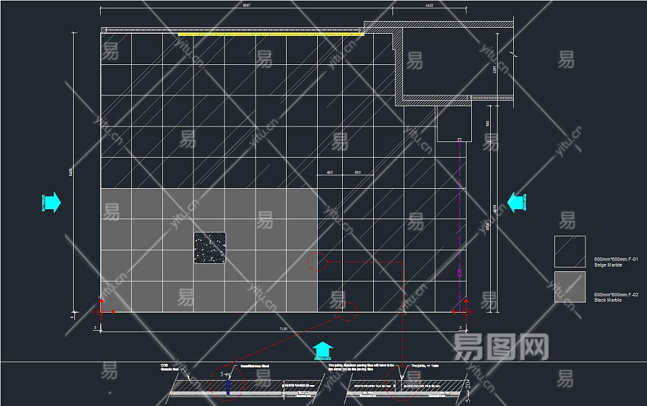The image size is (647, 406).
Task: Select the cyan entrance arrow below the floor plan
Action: tap(323, 349)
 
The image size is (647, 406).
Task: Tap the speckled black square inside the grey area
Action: tap(210, 248)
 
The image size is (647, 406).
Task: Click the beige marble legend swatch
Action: tap(570, 252)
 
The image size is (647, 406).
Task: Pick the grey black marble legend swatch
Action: tap(570, 287)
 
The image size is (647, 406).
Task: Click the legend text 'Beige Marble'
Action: tap(608, 265)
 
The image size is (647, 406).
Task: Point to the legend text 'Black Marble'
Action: tap(608, 300)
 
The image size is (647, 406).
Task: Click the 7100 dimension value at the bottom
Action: tap(283, 329)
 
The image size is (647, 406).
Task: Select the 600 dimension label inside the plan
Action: tap(358, 173)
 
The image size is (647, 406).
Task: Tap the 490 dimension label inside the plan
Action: tap(329, 173)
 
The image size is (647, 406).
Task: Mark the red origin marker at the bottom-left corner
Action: tap(101, 311)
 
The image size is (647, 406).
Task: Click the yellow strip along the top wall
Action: tap(270, 33)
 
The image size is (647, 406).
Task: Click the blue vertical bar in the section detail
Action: tap(229, 384)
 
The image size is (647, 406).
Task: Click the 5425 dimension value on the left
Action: tap(70, 173)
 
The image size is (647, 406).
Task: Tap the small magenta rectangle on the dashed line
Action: tap(460, 273)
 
